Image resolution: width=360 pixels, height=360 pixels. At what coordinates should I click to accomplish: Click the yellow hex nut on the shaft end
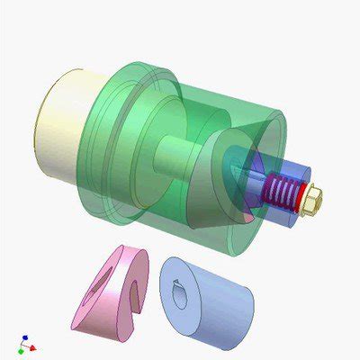coord(310,202)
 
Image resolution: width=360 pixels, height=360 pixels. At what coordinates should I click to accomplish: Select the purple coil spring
coord(283,191)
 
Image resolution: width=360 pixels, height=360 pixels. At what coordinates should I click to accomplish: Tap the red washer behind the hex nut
coord(299,202)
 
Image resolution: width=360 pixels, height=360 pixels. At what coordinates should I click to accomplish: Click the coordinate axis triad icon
coord(26,345)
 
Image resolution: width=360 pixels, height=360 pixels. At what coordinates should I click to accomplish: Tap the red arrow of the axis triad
coord(33,346)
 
